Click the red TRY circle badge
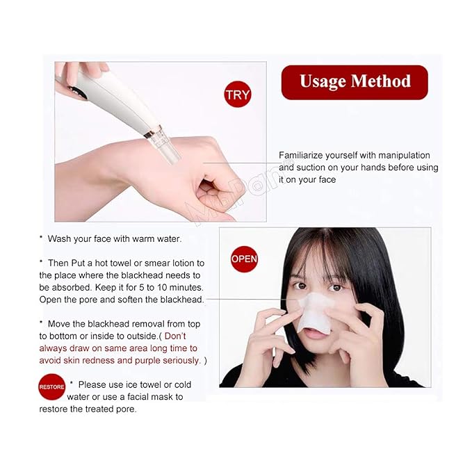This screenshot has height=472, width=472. (x=238, y=95)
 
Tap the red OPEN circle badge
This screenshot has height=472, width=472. (x=244, y=259)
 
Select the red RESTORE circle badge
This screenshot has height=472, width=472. (x=51, y=386)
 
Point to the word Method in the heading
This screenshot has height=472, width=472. (x=381, y=81)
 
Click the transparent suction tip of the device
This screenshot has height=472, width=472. (x=168, y=148)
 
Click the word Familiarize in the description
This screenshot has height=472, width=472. (x=303, y=155)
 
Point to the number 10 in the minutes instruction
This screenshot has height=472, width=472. (x=162, y=287)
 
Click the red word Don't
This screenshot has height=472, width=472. (x=175, y=336)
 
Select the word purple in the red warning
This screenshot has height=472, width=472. (x=147, y=361)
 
